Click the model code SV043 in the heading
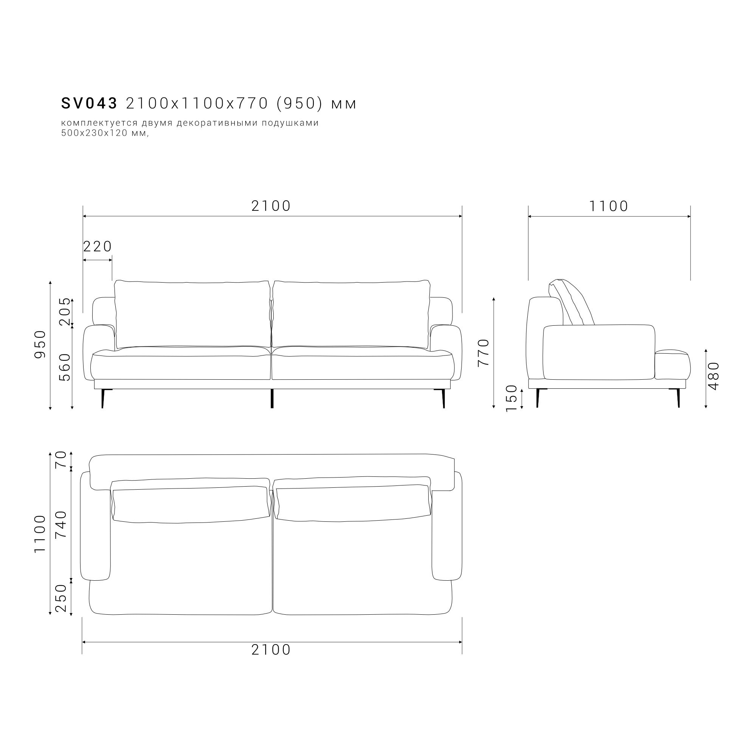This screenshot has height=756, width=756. [89, 103]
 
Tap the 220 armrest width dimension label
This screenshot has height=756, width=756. [98, 246]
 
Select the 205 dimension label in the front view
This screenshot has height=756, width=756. [65, 311]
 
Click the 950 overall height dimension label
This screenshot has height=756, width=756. [40, 344]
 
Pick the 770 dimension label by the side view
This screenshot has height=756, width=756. [483, 352]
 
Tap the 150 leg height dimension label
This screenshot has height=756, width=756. [511, 398]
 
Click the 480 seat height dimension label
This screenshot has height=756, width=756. [714, 376]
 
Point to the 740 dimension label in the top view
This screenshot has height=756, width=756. [61, 524]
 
